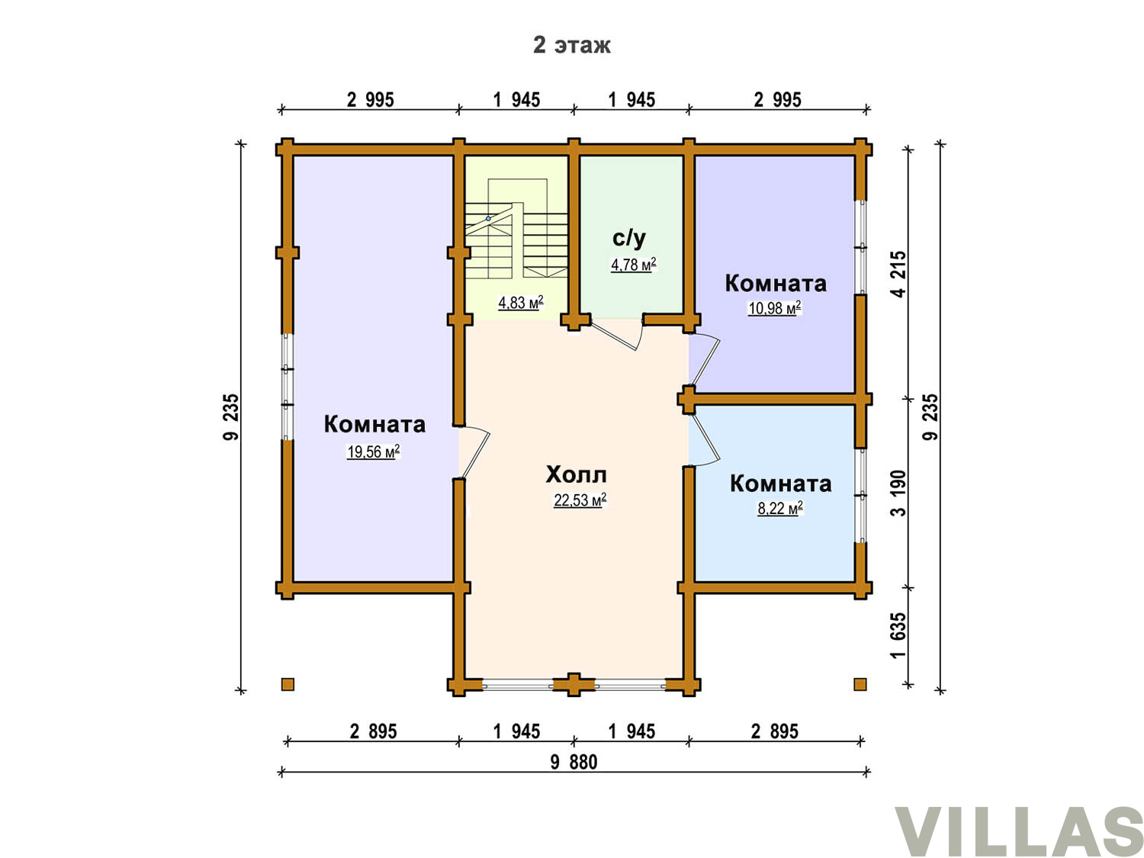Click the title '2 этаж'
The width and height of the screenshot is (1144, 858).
tap(571, 45)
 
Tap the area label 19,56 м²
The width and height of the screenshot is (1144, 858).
tap(373, 451)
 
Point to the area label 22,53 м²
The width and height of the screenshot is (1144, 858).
tap(580, 500)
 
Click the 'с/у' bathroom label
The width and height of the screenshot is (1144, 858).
tap(629, 237)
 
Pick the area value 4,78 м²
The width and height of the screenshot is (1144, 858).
tap(633, 264)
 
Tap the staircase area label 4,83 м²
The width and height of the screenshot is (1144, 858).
tap(521, 302)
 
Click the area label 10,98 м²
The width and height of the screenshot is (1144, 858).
tap(774, 308)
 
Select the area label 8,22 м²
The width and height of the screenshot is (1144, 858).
tap(779, 508)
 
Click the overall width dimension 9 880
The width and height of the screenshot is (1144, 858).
tap(574, 762)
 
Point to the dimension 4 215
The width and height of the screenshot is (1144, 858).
tap(899, 274)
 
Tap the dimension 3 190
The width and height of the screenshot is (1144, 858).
tap(899, 493)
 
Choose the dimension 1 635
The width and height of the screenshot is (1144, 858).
tap(899, 635)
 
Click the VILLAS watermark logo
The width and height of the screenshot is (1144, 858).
tap(1018, 827)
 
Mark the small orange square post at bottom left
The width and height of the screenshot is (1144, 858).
tap(288, 684)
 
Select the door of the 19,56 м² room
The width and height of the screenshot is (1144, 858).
tap(474, 452)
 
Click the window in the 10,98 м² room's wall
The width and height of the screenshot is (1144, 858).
tap(860, 247)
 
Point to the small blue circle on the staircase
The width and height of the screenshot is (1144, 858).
tap(488, 218)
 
